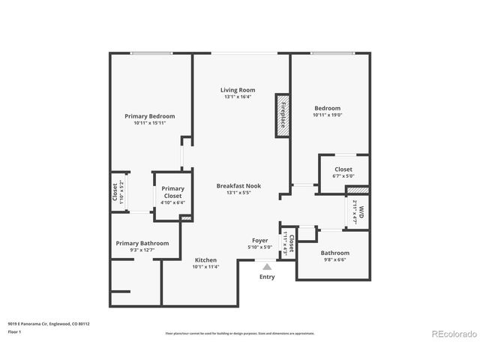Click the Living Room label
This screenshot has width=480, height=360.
(x=237, y=90)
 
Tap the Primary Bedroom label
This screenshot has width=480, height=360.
(x=149, y=116)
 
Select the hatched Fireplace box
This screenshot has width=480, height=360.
(x=282, y=115)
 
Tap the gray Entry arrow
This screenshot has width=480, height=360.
(x=267, y=265)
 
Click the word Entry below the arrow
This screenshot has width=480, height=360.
(x=267, y=277)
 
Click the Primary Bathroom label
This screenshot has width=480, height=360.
(x=142, y=243)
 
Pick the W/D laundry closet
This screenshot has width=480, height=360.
(x=360, y=211)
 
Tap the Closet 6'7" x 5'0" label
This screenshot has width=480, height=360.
(x=343, y=169)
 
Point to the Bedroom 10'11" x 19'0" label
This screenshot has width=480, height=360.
(x=327, y=108)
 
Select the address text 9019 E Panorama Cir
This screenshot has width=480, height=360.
(x=49, y=323)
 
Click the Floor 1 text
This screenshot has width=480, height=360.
(x=15, y=331)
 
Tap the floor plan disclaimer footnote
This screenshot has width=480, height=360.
(x=239, y=332)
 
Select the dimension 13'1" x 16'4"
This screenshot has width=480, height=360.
(x=237, y=97)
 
